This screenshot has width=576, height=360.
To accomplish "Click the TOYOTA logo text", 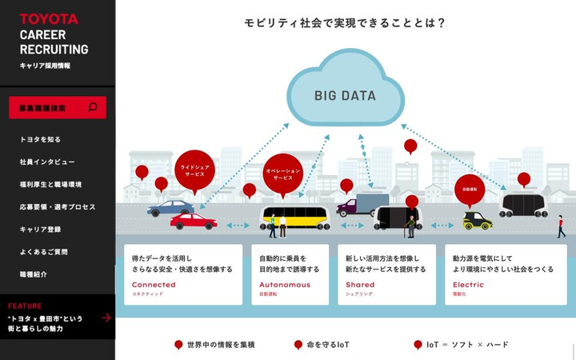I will (x=49, y=18).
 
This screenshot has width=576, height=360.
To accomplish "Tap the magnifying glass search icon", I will (x=93, y=107).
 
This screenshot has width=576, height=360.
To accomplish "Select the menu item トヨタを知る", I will (x=40, y=139).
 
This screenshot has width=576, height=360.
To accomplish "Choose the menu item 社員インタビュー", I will (x=47, y=162).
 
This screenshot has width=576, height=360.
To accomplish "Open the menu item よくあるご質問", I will (x=44, y=252).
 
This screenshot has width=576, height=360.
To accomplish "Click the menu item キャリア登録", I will (x=40, y=230).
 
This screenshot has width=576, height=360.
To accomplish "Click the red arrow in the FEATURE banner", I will (x=106, y=318).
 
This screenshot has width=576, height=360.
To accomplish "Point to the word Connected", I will (x=154, y=285).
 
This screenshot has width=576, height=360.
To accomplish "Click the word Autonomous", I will (x=285, y=285).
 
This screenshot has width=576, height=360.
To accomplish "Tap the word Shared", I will (x=360, y=285).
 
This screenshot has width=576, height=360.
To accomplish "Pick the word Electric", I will (x=468, y=285).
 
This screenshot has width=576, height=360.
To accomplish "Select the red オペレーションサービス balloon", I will (x=283, y=174).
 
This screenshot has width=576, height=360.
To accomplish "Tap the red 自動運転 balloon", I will (x=470, y=190).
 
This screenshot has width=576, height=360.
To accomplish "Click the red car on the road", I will (x=193, y=221).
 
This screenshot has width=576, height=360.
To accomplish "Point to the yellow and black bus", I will (x=295, y=218).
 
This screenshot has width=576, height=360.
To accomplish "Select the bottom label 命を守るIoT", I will (x=322, y=345).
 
